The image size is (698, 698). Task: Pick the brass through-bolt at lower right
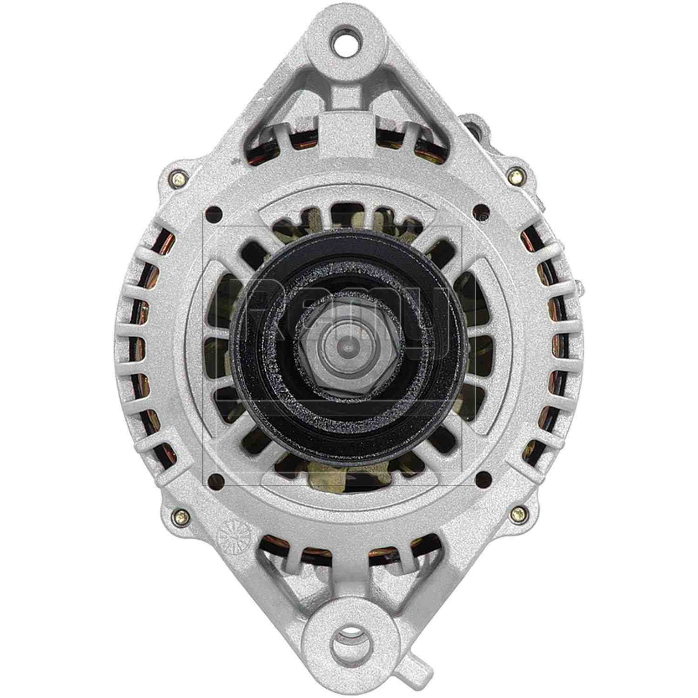click(x=517, y=513)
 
